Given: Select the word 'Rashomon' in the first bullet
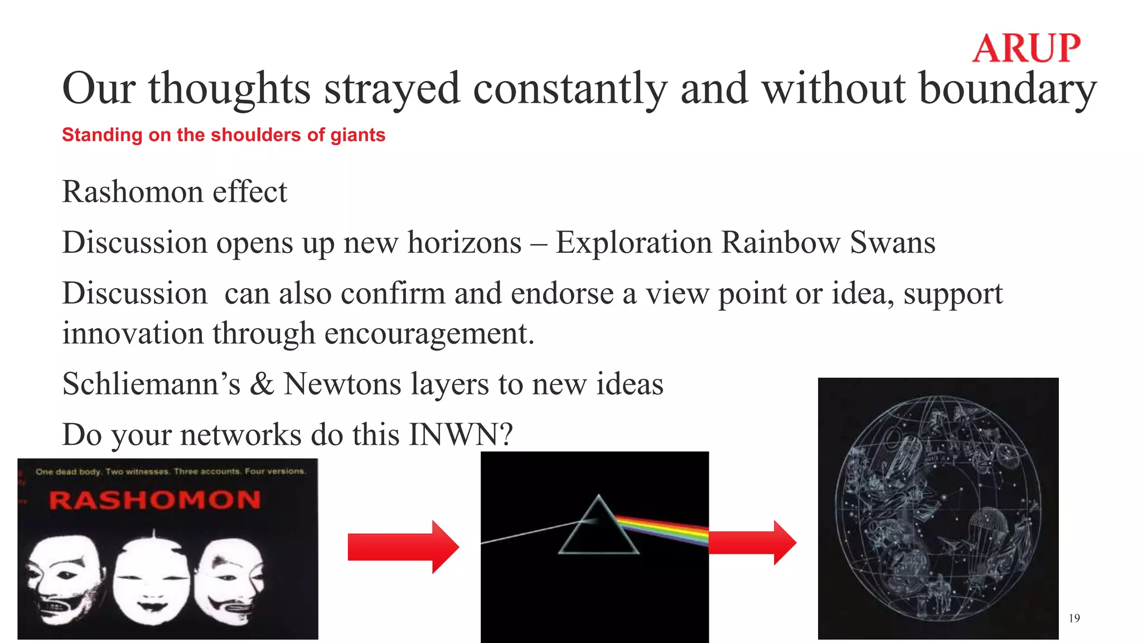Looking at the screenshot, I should tap(132, 192).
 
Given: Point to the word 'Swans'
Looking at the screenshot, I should tap(893, 243).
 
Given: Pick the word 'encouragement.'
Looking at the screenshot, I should tap(429, 334).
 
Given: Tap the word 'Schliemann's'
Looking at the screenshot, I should tap(151, 384).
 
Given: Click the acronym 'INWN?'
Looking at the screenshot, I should tap(461, 435).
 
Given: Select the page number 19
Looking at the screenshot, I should tap(1074, 618).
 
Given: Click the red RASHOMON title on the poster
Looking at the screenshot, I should tap(155, 500).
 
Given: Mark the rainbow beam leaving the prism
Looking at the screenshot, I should tap(664, 529).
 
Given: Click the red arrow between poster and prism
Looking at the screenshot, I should tap(403, 547).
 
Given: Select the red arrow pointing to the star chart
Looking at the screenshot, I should tap(752, 543).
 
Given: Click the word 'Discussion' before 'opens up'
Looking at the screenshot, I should tap(134, 243).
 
